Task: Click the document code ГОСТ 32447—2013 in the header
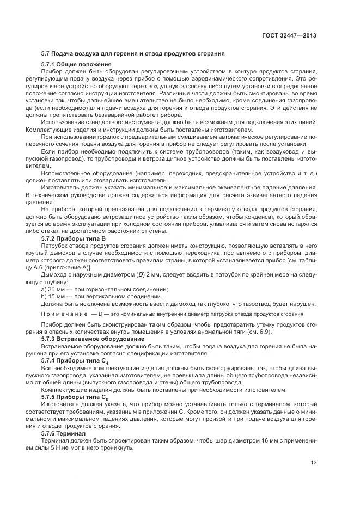tap(289, 36)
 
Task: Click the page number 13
tap(314, 463)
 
